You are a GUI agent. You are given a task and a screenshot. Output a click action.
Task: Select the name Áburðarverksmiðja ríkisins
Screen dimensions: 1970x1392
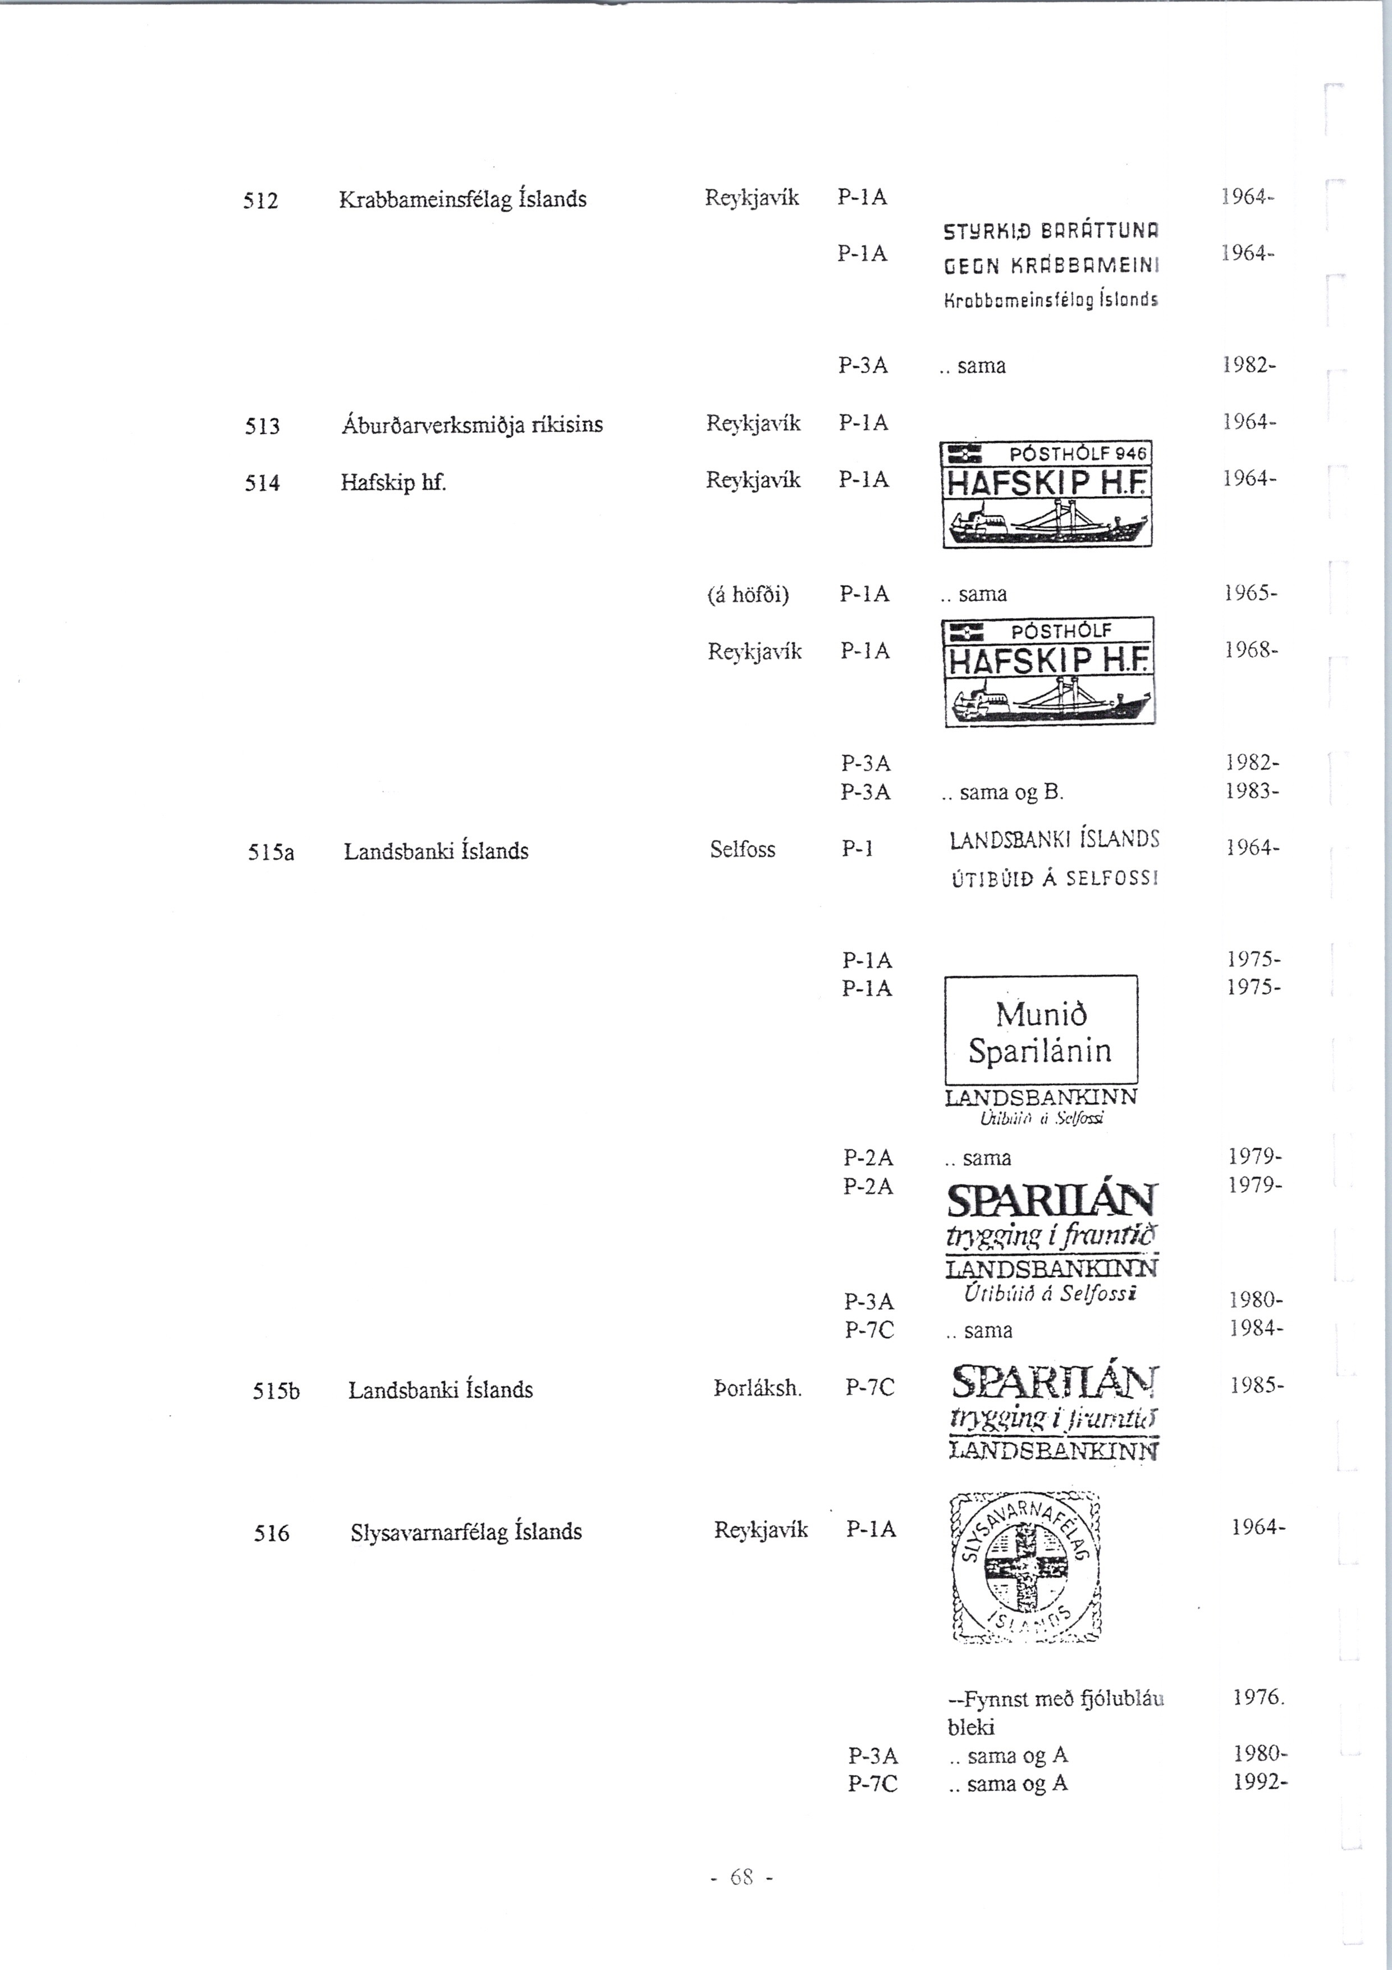point(471,425)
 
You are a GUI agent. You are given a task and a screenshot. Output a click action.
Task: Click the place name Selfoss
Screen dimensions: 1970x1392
point(742,850)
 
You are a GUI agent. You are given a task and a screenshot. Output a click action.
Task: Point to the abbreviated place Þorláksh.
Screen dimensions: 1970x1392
point(757,1388)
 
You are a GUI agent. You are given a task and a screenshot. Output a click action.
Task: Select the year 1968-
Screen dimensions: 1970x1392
point(1251,650)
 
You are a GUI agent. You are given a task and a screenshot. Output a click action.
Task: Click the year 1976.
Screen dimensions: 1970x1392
point(1257,1697)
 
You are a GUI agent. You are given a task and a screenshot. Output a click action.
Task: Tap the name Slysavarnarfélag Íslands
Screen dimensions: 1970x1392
point(466,1531)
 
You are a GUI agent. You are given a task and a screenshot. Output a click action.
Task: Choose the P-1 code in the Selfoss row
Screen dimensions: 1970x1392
point(857,849)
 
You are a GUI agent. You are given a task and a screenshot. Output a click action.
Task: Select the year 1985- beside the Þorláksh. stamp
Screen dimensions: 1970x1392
point(1257,1386)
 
